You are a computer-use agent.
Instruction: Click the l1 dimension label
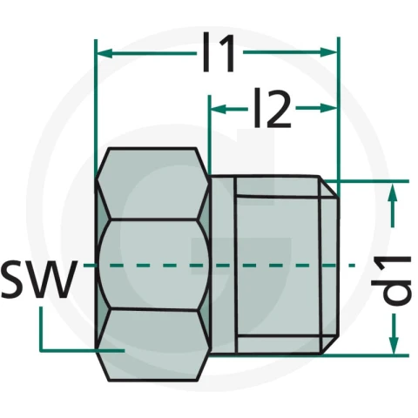[x=219, y=52]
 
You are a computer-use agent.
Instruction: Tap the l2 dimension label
[x=273, y=108]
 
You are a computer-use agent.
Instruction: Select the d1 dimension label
[x=392, y=280]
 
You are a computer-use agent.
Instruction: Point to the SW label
[x=39, y=279]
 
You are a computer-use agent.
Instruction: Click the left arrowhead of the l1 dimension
[x=104, y=54]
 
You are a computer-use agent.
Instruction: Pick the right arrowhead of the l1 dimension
[x=328, y=52]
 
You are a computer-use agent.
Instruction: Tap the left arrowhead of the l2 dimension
[x=219, y=110]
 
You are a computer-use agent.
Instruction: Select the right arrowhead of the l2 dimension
[x=328, y=109]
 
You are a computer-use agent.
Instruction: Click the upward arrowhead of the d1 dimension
[x=392, y=192]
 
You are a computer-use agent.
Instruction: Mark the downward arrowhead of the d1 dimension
[x=394, y=346]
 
